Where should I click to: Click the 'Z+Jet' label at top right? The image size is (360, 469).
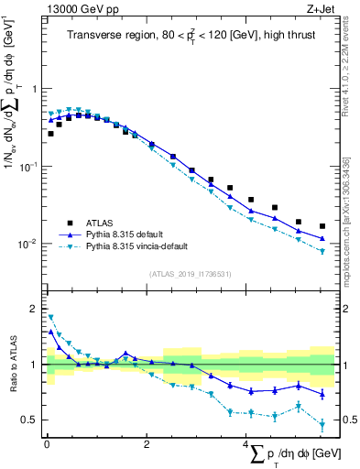pos(320,8)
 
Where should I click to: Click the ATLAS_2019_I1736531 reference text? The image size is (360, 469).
pos(189,273)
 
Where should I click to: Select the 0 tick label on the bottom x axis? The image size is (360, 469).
pos(46,444)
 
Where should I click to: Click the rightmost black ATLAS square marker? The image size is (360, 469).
pos(322,226)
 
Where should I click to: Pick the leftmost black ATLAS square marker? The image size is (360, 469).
pos(50,134)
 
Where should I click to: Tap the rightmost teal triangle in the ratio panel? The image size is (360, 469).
pos(322,424)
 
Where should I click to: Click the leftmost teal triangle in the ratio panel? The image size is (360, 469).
pos(50,318)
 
